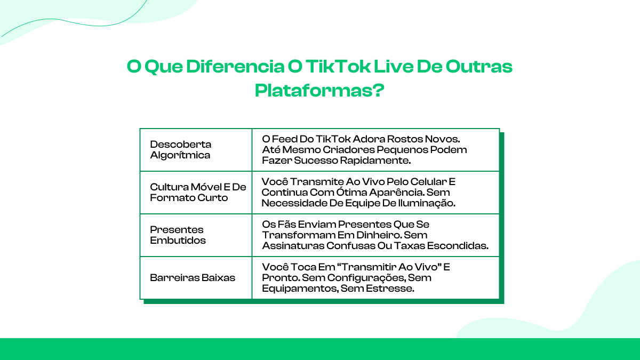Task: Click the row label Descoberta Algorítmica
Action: coord(180,150)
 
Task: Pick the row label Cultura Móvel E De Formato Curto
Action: coord(198,193)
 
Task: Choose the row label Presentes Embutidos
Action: coord(178,235)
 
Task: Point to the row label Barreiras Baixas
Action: coord(193,278)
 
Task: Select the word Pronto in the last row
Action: coord(279,277)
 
